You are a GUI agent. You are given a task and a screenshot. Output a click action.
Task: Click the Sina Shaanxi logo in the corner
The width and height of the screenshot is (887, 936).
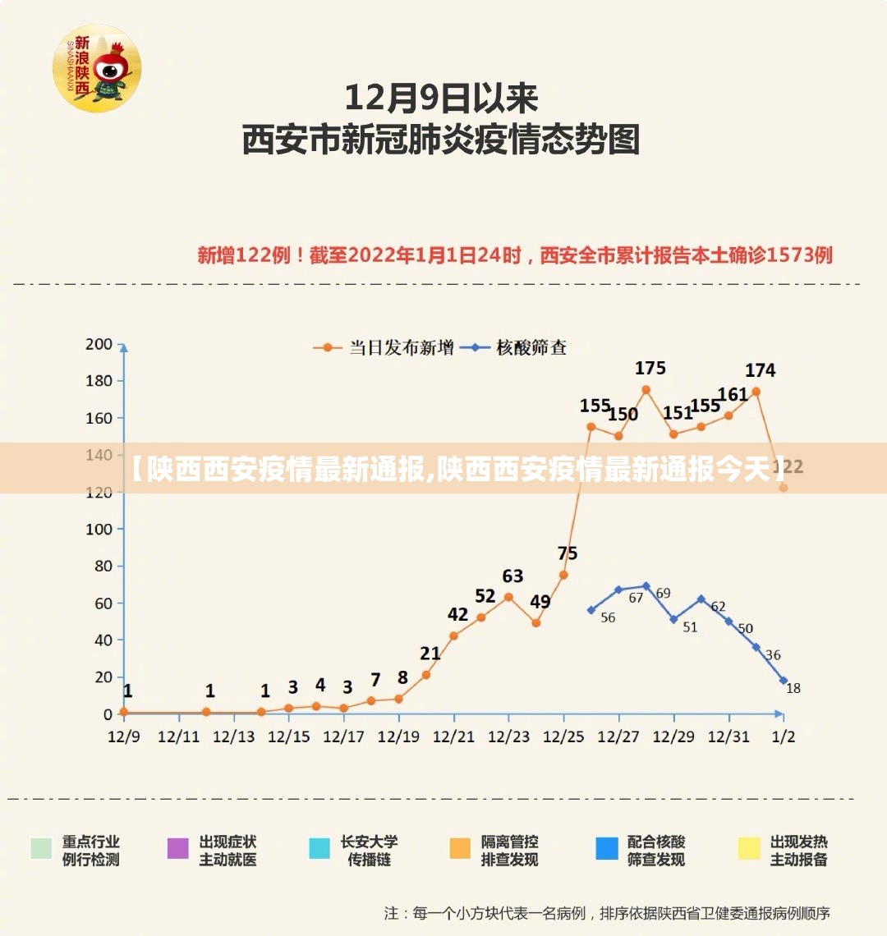click(x=97, y=67)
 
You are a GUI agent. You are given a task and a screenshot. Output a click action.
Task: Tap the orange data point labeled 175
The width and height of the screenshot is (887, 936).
click(x=646, y=390)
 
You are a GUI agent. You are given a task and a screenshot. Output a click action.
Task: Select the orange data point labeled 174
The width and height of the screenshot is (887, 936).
click(x=756, y=392)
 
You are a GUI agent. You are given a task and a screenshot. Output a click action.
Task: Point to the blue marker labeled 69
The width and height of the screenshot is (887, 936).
click(x=646, y=586)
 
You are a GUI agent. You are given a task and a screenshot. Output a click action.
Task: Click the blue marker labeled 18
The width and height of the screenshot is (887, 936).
click(x=784, y=681)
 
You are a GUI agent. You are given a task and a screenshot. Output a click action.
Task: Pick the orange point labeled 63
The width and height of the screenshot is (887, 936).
click(x=508, y=597)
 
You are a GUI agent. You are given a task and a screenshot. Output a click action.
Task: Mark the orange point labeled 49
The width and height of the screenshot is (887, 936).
click(x=535, y=623)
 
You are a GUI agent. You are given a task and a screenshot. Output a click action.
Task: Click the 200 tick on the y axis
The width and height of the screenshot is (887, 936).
click(x=99, y=344)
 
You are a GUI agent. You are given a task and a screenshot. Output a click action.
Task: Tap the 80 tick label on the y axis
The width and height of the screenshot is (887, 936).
click(x=102, y=566)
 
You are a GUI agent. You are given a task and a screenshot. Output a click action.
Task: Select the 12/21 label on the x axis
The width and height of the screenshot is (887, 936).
click(x=454, y=736)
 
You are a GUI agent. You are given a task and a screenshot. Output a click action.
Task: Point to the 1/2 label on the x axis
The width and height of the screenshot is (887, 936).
click(x=784, y=736)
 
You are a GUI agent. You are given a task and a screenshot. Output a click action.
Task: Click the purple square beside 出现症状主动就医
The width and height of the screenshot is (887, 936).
click(x=178, y=849)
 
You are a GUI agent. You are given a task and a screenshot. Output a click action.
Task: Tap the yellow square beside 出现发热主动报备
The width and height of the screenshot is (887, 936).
click(x=749, y=849)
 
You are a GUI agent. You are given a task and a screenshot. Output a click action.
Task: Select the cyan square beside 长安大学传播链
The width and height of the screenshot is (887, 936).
click(x=319, y=849)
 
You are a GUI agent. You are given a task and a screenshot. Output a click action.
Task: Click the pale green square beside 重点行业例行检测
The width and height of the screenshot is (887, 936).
click(x=41, y=849)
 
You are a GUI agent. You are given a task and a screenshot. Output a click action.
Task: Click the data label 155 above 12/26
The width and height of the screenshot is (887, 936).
click(x=595, y=406)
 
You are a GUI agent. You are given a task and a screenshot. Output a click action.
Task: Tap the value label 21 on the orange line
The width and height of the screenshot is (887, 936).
click(x=430, y=654)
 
